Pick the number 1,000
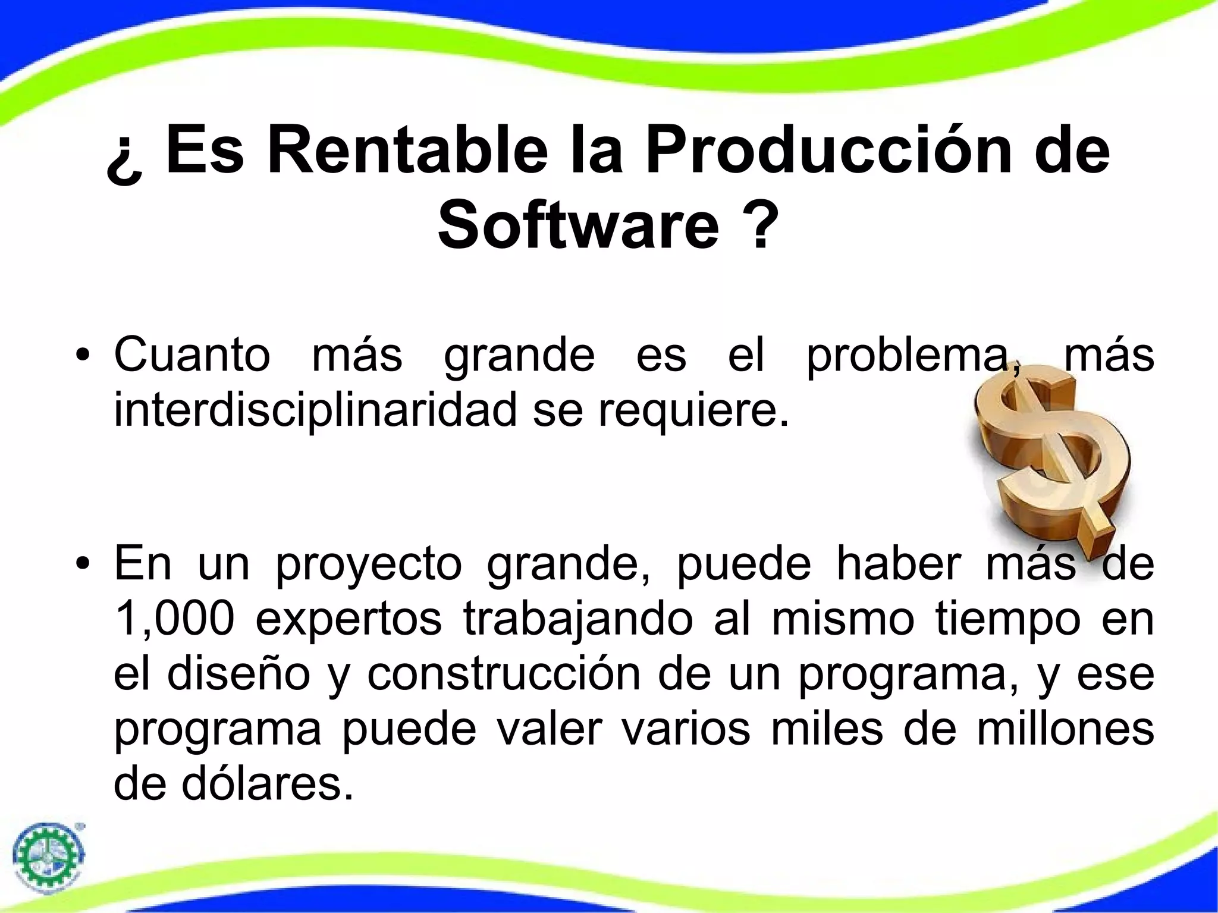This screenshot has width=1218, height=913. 173,619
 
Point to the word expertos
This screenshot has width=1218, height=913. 349,619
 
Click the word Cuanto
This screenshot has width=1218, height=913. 192,356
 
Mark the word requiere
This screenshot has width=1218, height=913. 693,411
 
